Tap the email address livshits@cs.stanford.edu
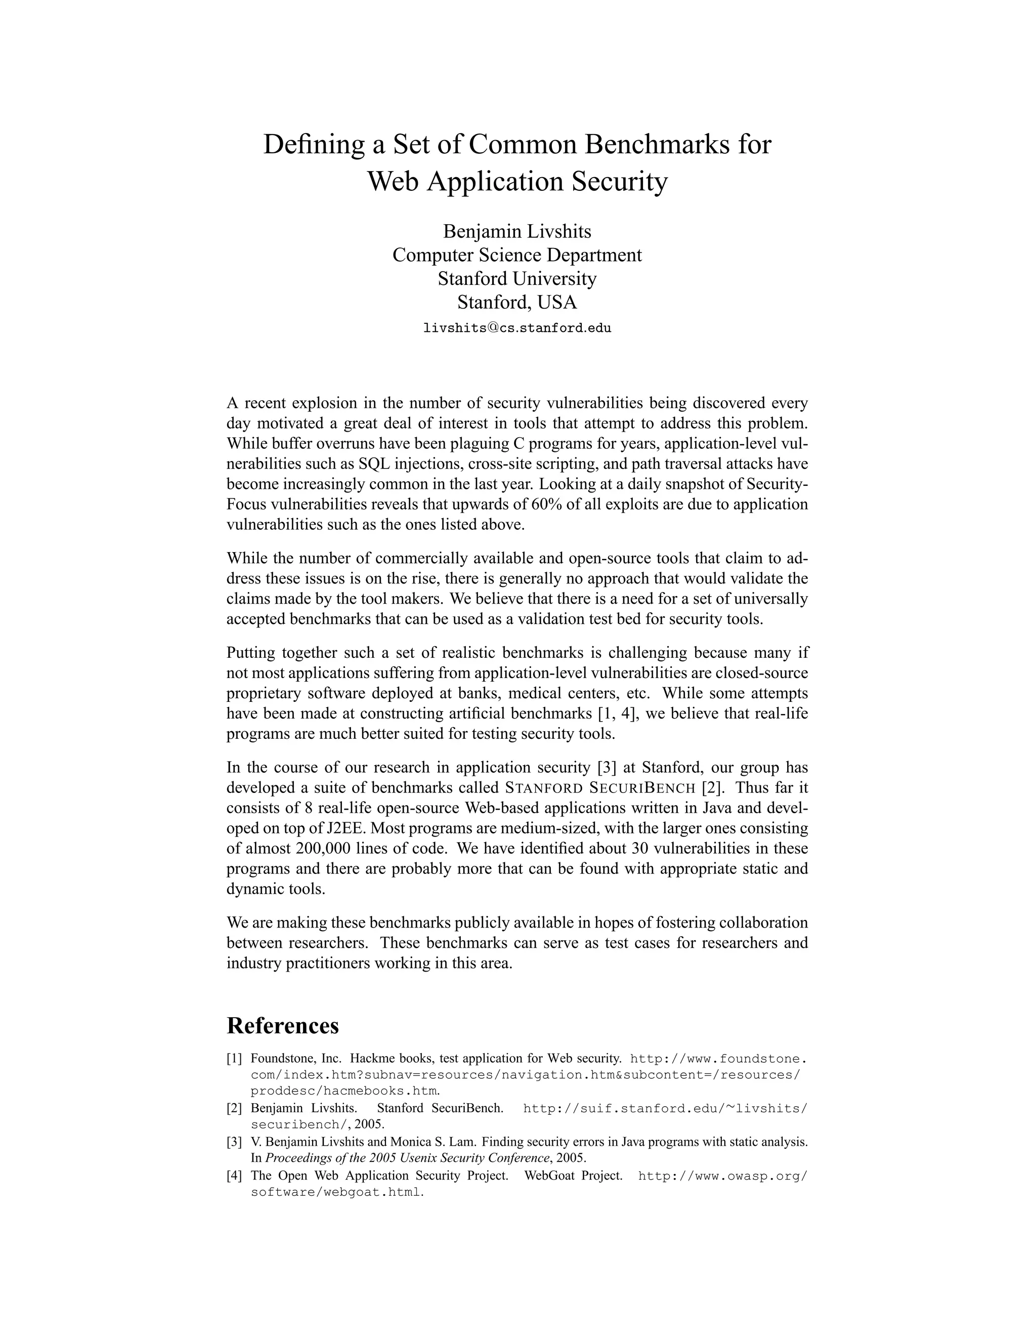pos(517,328)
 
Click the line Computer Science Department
pos(517,255)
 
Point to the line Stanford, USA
pos(517,302)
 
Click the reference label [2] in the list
pos(234,1109)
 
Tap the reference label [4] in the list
pos(234,1176)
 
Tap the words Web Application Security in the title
pos(517,182)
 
